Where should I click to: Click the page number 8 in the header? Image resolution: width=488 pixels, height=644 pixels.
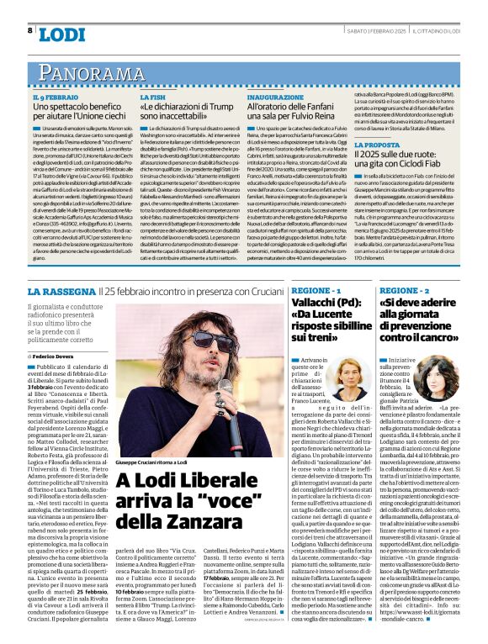(30, 30)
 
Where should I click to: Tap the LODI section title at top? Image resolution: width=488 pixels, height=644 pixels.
(62, 33)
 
